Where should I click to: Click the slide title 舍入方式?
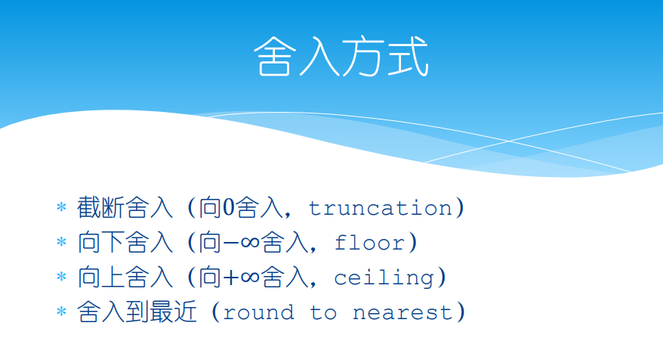point(341,56)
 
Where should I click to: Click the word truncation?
point(381,208)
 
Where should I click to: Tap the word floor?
point(369,243)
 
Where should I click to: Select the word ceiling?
point(384,278)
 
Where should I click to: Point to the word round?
point(258,312)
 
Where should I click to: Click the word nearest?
point(402,313)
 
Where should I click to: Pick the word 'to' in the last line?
point(323,313)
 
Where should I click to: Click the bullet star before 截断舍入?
point(62,207)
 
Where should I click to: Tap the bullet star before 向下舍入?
point(62,242)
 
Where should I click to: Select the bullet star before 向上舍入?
point(62,277)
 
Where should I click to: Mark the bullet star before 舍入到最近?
point(62,312)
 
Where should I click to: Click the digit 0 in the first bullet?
point(228,207)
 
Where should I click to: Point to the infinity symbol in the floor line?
point(250,243)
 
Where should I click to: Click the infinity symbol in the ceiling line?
point(250,278)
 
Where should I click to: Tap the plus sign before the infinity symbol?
point(231,278)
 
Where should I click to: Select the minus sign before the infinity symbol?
point(231,243)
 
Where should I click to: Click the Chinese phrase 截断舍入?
point(125,207)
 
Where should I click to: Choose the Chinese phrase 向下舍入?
point(125,242)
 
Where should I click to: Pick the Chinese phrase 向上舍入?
point(125,277)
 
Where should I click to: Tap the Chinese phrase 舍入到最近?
point(137,312)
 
